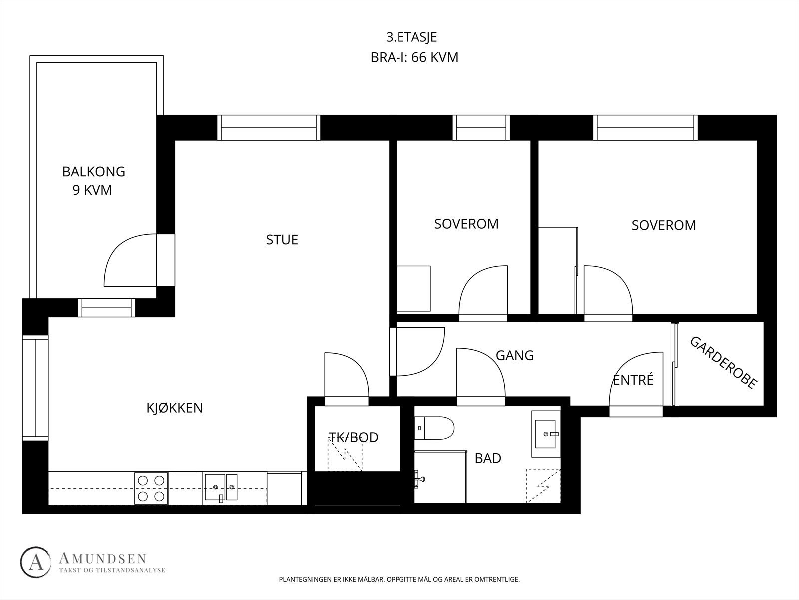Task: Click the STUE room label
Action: (282, 239)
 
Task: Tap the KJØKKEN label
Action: (175, 408)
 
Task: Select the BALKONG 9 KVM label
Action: (93, 180)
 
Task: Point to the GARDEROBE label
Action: (724, 363)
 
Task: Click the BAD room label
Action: (488, 458)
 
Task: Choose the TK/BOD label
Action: (353, 437)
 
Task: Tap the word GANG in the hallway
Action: (515, 355)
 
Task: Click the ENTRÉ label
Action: (633, 380)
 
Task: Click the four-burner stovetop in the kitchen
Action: (151, 488)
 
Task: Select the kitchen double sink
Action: (221, 488)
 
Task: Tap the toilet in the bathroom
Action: (434, 428)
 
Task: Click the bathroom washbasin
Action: (546, 434)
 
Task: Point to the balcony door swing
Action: (130, 260)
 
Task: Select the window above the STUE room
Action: (269, 128)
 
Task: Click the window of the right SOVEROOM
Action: (645, 128)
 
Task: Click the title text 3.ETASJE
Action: (411, 37)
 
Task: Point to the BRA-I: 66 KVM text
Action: (414, 57)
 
